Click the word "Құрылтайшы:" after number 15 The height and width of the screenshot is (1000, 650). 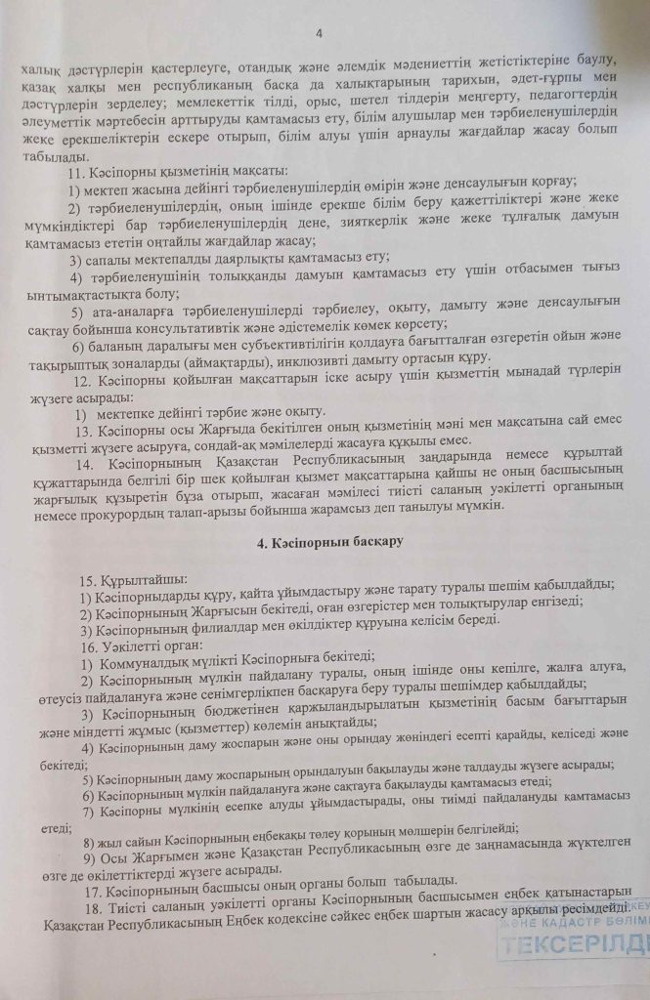pos(143,580)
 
